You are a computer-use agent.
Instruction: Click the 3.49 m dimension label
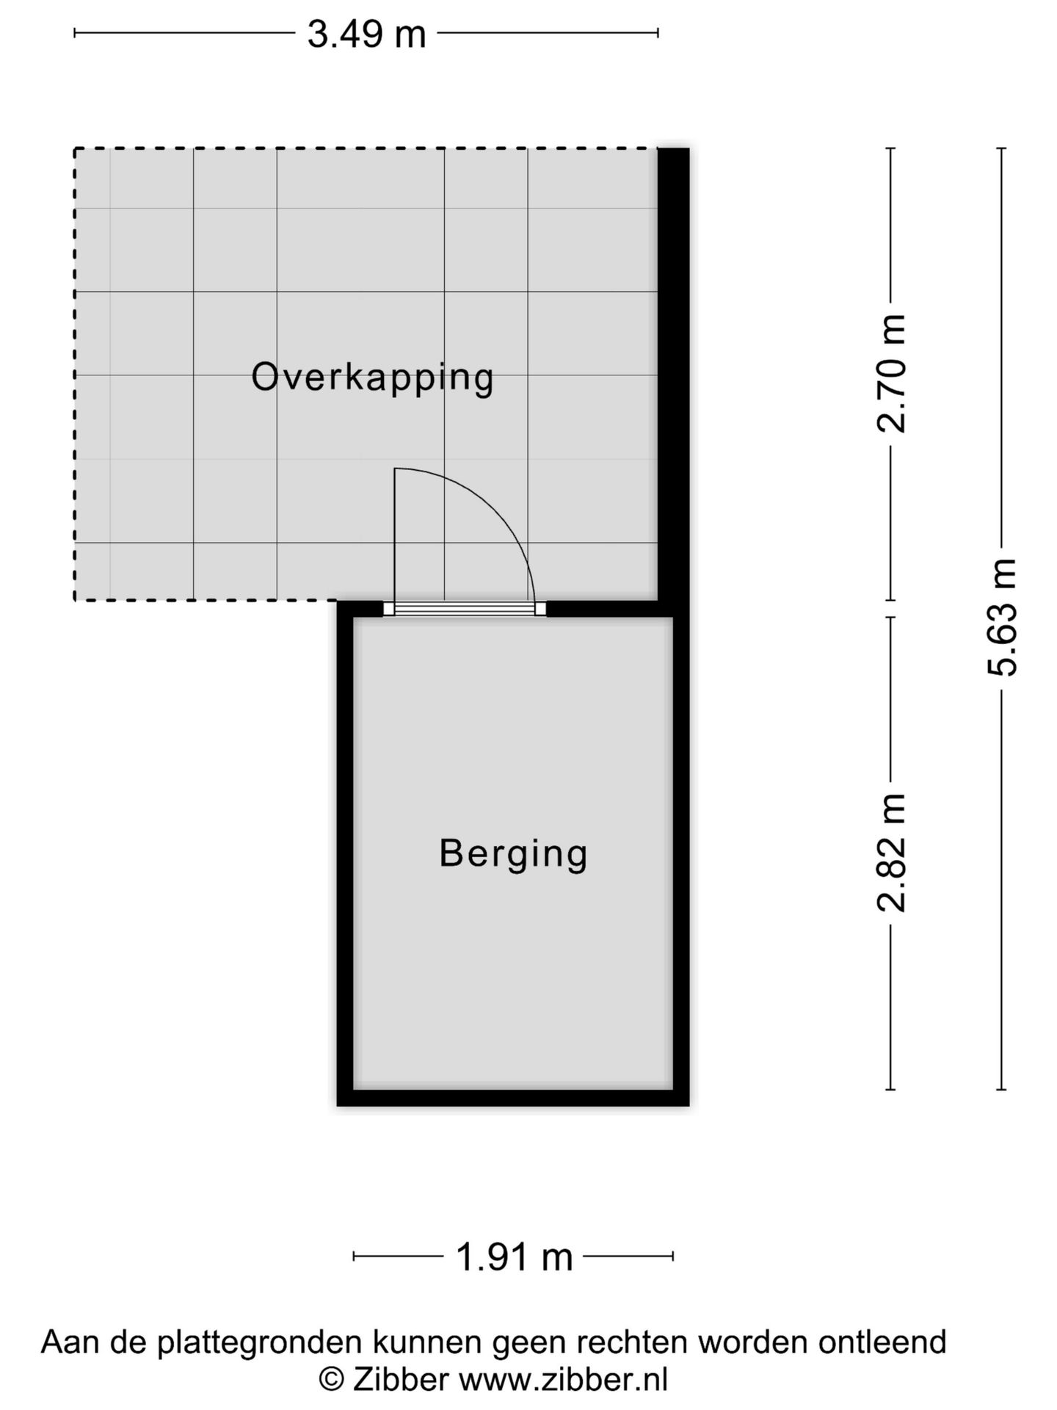coord(366,35)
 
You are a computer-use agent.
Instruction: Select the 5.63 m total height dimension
coord(1002,617)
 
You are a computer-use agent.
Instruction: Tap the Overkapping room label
coord(372,377)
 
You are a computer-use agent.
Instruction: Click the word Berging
coord(513,853)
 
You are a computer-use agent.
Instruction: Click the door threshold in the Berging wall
coord(465,609)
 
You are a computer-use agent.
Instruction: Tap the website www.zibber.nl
coord(563,1380)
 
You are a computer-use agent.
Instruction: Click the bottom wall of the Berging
coord(513,1097)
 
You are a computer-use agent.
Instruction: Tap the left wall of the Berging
coord(345,852)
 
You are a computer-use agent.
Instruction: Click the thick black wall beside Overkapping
coord(673,367)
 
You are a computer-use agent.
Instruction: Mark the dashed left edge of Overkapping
coord(75,375)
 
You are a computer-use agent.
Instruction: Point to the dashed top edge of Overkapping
coord(367,149)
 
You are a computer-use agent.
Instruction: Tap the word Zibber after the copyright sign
coord(400,1380)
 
